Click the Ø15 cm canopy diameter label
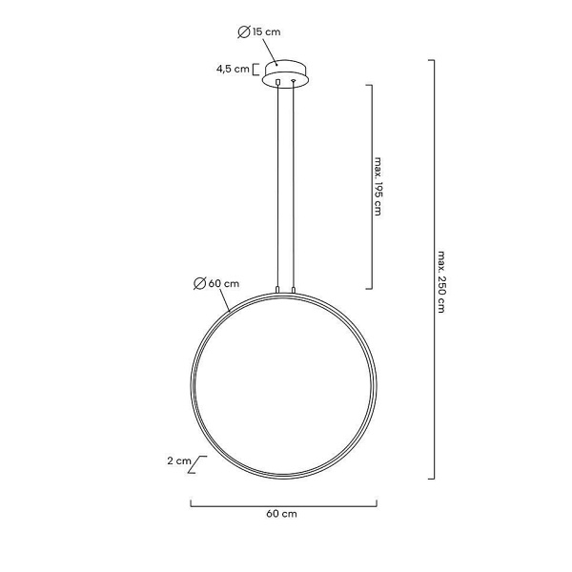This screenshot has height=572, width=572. pos(258,31)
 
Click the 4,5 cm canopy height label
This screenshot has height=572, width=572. pos(232,69)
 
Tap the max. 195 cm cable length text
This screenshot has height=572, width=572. pos(378,187)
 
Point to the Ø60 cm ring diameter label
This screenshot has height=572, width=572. pos(215,282)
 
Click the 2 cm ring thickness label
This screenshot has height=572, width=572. pos(178,460)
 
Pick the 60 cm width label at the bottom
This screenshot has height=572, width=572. pos(282,514)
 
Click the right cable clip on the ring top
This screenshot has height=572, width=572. pos(294,289)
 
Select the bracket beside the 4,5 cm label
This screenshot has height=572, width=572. pos(257,69)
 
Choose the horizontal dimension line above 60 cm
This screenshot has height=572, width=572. pos(283,502)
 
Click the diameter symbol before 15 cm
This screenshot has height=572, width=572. pos(244,31)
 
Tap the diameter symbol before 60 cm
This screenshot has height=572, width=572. pos(198,282)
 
